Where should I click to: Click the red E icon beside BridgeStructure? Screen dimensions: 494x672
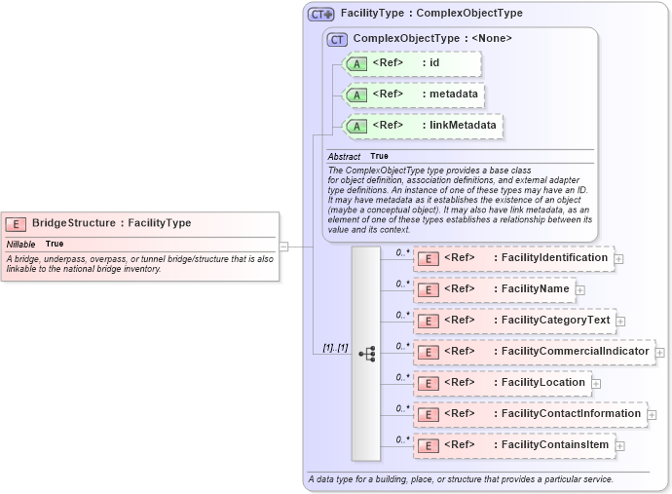coord(18,223)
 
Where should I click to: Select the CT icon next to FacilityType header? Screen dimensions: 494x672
coord(320,14)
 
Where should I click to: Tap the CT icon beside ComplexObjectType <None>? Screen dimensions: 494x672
coord(338,39)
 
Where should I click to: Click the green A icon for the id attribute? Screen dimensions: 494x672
coord(356,64)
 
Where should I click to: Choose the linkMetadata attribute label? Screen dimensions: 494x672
coord(459,126)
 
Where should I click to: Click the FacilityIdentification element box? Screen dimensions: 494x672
coord(513,258)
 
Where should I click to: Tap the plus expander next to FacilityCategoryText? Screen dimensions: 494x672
coord(620,321)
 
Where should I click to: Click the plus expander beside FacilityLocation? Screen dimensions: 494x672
coord(596,383)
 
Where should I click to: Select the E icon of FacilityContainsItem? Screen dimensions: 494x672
coord(426,445)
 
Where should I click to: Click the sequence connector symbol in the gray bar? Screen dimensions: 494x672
coord(367,354)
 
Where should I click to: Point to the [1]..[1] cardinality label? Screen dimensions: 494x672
coord(335,348)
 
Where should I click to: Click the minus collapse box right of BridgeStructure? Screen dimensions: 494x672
coord(283,247)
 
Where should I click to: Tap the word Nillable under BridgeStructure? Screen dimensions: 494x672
coord(21,244)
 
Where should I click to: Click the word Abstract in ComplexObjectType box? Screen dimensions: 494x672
coord(344,156)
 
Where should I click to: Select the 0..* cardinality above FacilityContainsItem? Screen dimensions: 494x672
coord(402,438)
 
